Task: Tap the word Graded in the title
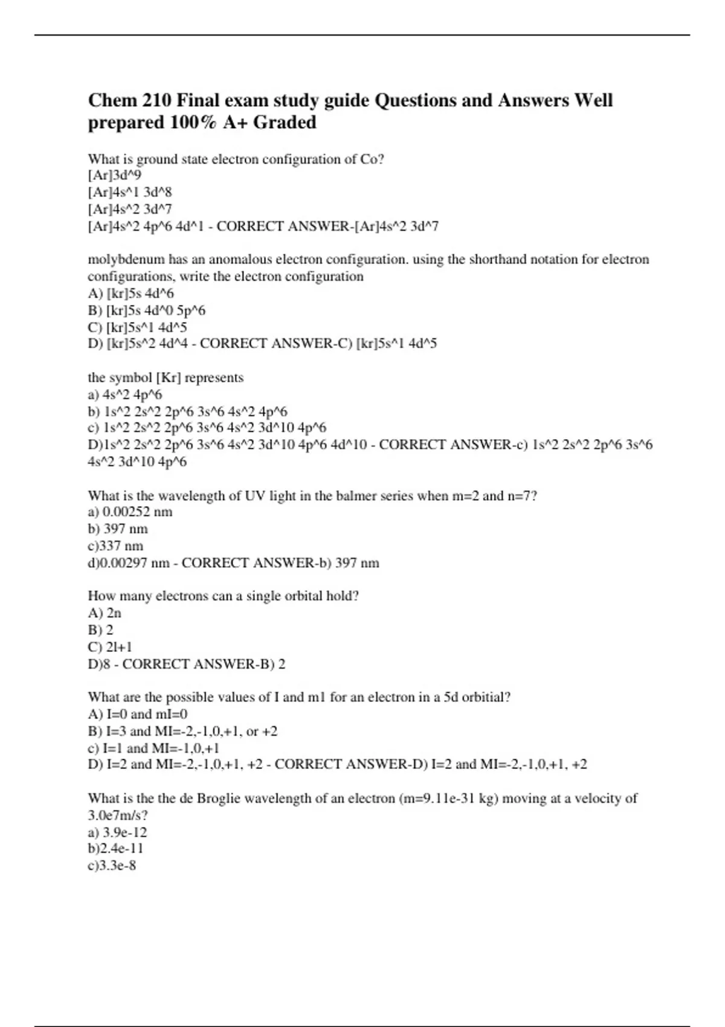pyautogui.click(x=285, y=122)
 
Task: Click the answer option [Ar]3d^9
pyautogui.click(x=115, y=176)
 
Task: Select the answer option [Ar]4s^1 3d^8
pyautogui.click(x=130, y=193)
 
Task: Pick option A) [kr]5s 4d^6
pyautogui.click(x=131, y=294)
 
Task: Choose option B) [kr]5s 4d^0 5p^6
pyautogui.click(x=147, y=311)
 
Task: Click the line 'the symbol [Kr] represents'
pyautogui.click(x=166, y=378)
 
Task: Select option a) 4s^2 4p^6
pyautogui.click(x=125, y=395)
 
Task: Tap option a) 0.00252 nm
pyautogui.click(x=130, y=512)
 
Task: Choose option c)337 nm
pyautogui.click(x=115, y=546)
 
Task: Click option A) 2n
pyautogui.click(x=105, y=613)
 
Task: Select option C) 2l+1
pyautogui.click(x=110, y=647)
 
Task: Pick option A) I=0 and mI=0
pyautogui.click(x=138, y=714)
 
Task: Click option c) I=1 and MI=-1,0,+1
pyautogui.click(x=153, y=748)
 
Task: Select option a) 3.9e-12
pyautogui.click(x=117, y=832)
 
